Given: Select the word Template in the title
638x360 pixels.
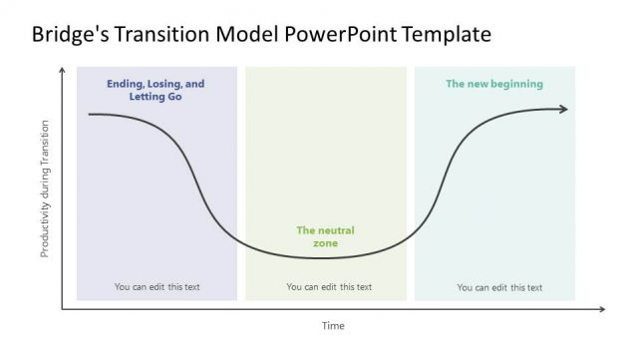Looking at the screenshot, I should tap(447, 35).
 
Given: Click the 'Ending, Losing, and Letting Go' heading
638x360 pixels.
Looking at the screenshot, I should tap(156, 91).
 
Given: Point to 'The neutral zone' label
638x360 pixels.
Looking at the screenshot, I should tap(325, 236).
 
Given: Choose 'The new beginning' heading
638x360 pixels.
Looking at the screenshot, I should tap(494, 85).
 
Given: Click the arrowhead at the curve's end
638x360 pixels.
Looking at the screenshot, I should tap(563, 109).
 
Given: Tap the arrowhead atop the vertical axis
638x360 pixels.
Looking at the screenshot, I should tap(63, 70).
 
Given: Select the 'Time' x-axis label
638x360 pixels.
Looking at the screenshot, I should tap(332, 326).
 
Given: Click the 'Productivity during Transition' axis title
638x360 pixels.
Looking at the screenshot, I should tap(45, 189).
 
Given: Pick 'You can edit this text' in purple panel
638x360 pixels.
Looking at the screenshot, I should tap(157, 287).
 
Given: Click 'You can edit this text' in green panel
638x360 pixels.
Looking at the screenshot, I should tap(329, 287).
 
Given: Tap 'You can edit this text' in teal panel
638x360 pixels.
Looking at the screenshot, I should tap(499, 287).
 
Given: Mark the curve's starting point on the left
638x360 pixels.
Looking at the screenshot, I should tap(90, 115).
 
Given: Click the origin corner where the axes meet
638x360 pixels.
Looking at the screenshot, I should tap(63, 309).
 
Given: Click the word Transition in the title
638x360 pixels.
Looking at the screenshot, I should tap(159, 35).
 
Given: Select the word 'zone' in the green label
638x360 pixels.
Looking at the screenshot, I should tap(325, 243).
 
